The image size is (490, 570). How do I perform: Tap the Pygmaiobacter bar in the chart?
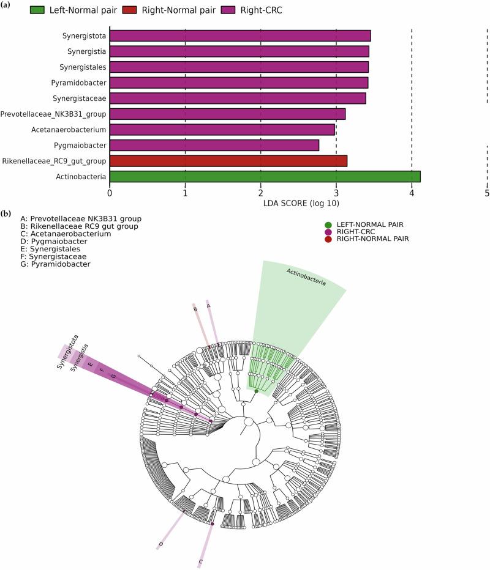click(214, 145)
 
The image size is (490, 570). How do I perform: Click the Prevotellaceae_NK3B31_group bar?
click(227, 114)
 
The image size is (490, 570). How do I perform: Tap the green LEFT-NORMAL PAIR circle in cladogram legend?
click(329, 224)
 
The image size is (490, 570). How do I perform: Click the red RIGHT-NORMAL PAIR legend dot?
click(329, 239)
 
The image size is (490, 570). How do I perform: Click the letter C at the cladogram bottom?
click(200, 560)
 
